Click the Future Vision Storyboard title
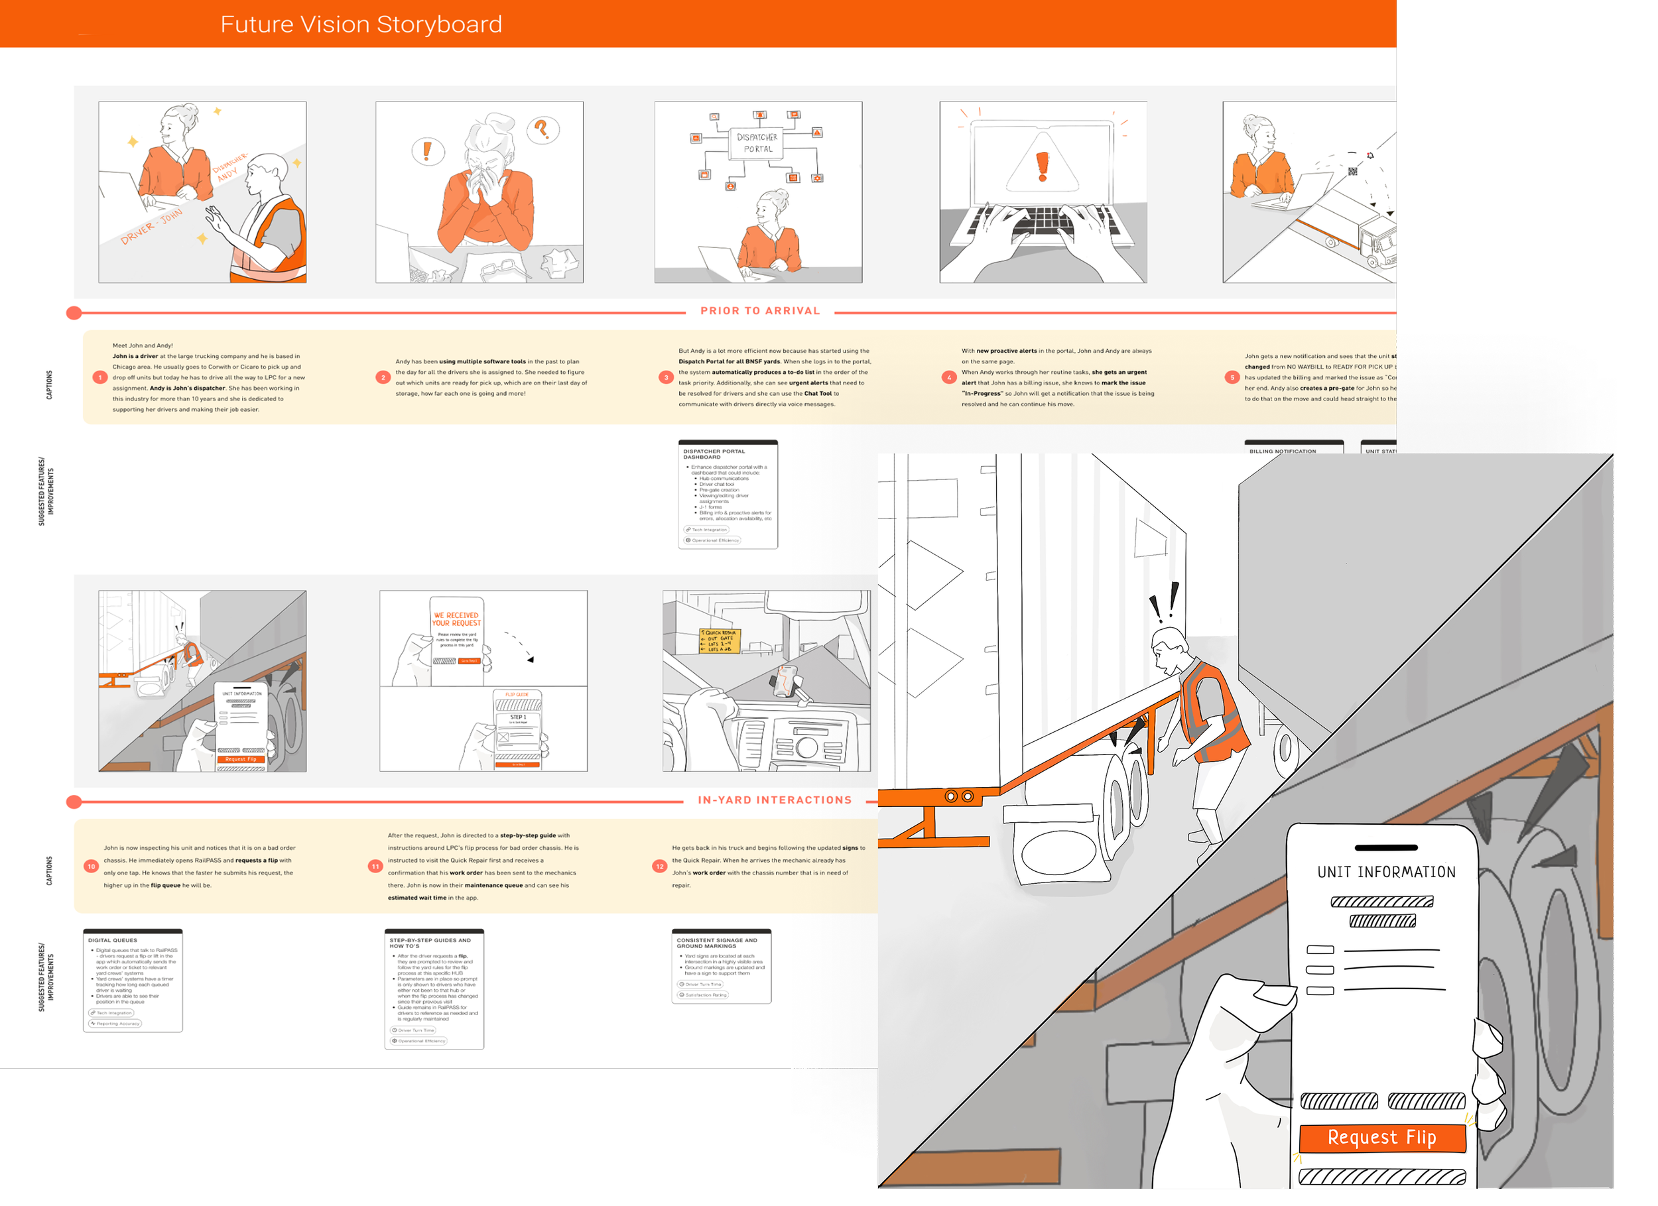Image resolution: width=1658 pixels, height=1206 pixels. tap(361, 24)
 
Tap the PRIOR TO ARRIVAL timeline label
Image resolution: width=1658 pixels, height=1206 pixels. tap(759, 311)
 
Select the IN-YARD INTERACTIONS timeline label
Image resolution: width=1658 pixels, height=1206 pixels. tap(774, 800)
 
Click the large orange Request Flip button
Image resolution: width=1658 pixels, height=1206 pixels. tap(1381, 1137)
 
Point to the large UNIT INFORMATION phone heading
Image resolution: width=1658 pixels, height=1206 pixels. tap(1386, 872)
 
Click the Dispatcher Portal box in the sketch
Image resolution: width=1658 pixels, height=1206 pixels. tap(757, 143)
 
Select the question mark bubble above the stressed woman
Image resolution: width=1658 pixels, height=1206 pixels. tap(542, 130)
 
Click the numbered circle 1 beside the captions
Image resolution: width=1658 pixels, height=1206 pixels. tap(100, 377)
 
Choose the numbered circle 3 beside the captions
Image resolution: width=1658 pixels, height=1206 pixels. tap(665, 377)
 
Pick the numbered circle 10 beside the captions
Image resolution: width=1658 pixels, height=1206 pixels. tap(91, 866)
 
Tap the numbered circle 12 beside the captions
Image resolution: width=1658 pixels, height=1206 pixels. tap(659, 866)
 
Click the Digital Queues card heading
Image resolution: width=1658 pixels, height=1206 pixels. tap(113, 940)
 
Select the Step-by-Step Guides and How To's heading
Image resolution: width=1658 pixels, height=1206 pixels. tap(430, 943)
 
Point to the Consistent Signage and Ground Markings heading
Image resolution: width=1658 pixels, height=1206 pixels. tap(716, 943)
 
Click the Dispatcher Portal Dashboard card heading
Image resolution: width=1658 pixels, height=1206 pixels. tap(714, 454)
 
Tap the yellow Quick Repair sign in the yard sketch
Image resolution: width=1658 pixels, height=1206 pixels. tap(720, 641)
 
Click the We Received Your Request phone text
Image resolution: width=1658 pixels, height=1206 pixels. tap(456, 619)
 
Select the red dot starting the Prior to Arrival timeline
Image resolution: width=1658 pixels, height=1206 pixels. tap(74, 313)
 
